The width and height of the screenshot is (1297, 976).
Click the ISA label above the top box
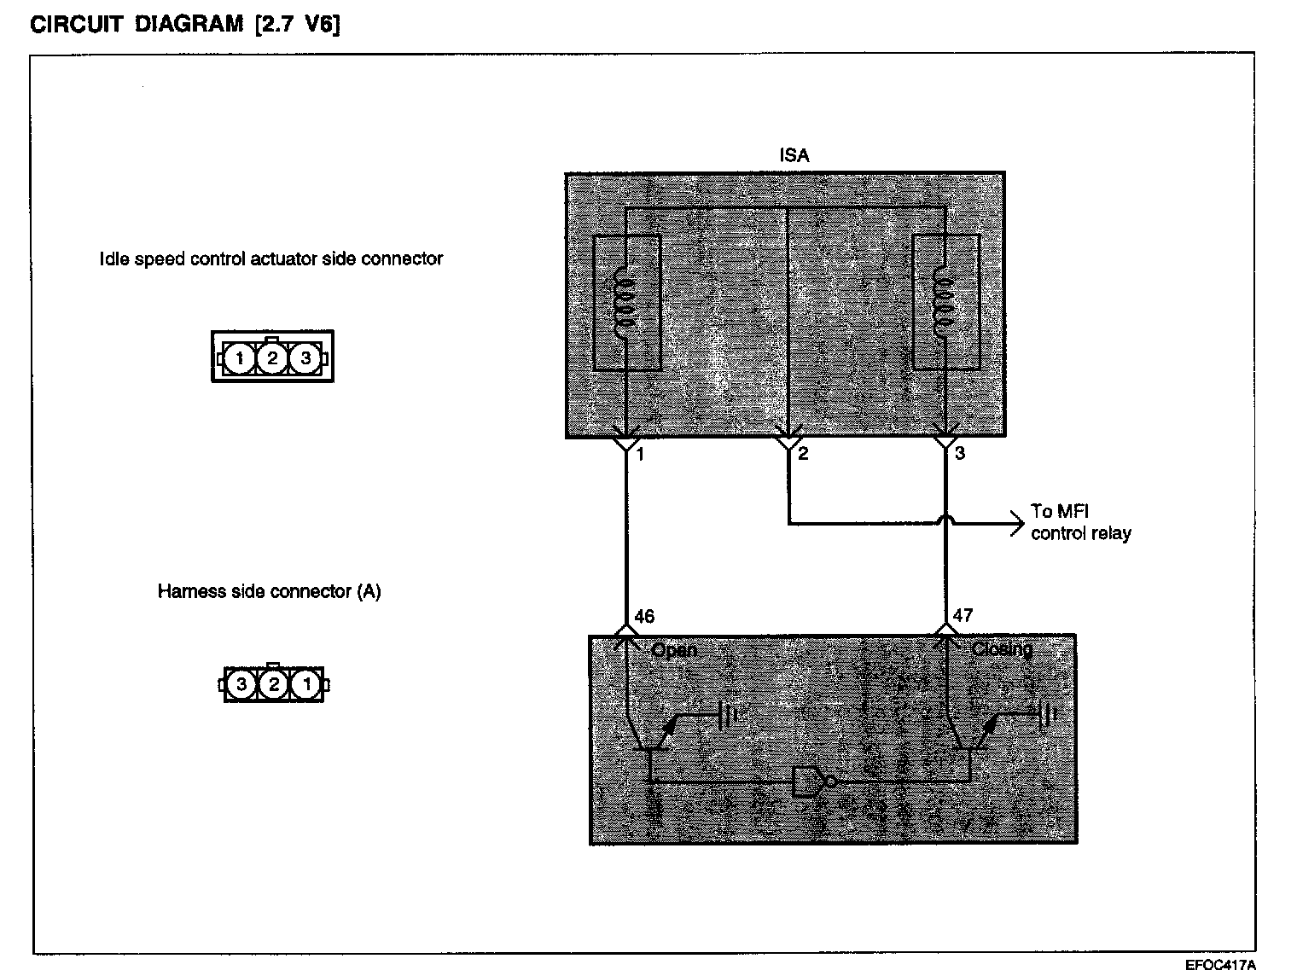click(x=794, y=155)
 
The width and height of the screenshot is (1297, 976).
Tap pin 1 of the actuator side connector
click(x=241, y=358)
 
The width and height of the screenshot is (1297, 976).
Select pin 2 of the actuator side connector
click(x=272, y=358)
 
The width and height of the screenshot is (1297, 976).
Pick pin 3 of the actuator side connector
click(x=305, y=358)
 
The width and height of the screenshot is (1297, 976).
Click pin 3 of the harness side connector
click(x=242, y=684)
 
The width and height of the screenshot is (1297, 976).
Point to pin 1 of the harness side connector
click(x=305, y=684)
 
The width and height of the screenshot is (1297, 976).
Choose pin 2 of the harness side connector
click(x=274, y=684)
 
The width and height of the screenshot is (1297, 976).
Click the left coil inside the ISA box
click(x=625, y=303)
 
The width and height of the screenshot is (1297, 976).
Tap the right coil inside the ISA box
click(x=944, y=303)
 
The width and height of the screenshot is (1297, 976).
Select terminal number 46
click(x=645, y=616)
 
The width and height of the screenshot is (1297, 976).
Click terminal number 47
click(x=963, y=615)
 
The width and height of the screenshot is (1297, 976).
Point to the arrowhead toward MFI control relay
click(x=1016, y=523)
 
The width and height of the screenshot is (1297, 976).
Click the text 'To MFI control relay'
click(x=1080, y=522)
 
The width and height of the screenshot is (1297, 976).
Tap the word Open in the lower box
click(x=674, y=650)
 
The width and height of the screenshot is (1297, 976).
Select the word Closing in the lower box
click(x=1002, y=649)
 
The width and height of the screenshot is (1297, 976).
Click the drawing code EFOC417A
click(x=1220, y=965)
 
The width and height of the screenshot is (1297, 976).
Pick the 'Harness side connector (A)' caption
click(x=269, y=591)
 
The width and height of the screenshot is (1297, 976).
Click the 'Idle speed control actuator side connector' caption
click(x=271, y=259)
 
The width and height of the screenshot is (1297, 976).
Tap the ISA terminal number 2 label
click(x=803, y=454)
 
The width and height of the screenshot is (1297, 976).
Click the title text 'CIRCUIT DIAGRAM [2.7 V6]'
click(x=185, y=25)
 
